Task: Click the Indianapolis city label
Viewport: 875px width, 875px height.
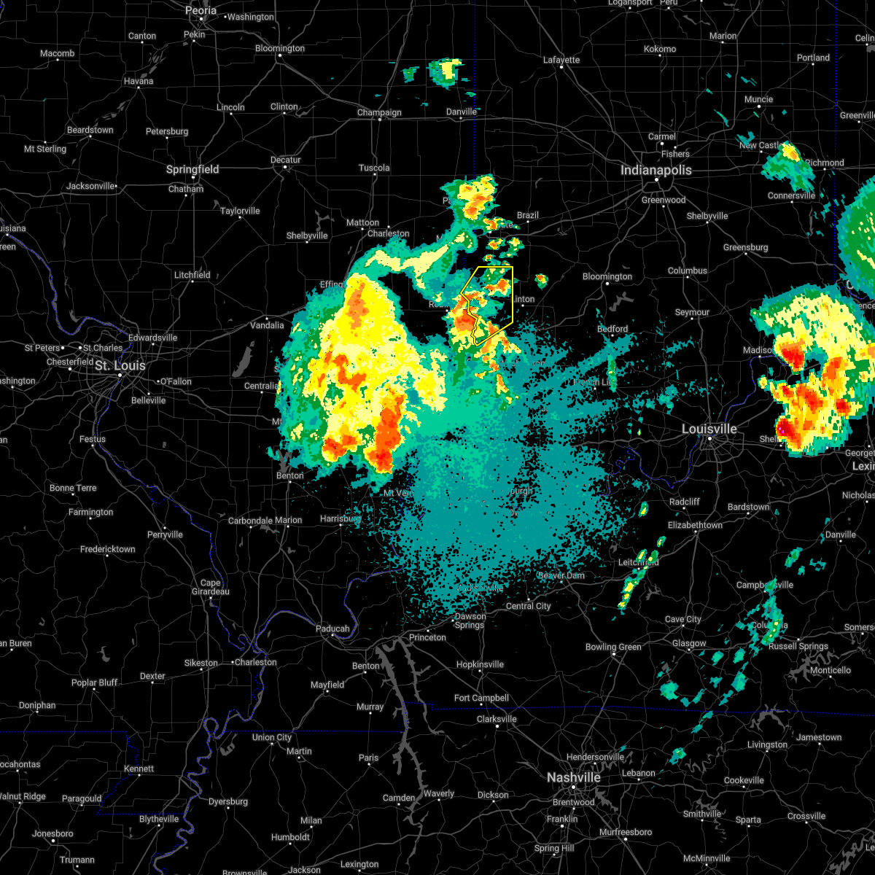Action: (x=656, y=170)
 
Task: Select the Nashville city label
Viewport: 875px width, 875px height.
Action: (x=573, y=778)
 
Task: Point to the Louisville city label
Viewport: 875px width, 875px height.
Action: (x=709, y=429)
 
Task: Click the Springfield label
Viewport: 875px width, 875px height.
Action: (x=192, y=169)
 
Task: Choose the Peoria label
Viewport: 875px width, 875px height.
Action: (x=201, y=10)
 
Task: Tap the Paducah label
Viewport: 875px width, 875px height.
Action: (x=332, y=629)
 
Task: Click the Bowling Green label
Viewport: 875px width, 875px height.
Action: (x=613, y=647)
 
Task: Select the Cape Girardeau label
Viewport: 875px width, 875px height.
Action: (x=210, y=587)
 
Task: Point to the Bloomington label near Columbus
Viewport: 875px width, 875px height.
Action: (x=607, y=276)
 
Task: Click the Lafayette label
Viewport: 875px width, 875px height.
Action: (x=561, y=60)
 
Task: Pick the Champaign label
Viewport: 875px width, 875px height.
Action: (x=379, y=112)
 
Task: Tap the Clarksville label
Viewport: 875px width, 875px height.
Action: (x=497, y=719)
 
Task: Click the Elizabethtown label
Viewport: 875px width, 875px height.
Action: (x=695, y=525)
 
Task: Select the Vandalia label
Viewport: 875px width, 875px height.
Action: (x=267, y=325)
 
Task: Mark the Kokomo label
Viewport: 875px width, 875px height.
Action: (x=659, y=49)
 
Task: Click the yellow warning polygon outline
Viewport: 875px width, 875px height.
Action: (x=513, y=292)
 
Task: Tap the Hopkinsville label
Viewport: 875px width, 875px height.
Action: (x=480, y=664)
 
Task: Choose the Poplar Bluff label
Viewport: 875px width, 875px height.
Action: (x=95, y=682)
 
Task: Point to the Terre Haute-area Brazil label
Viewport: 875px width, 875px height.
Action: (x=527, y=215)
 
